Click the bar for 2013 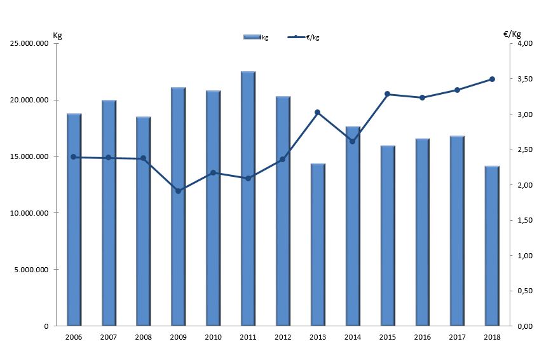[x=318, y=245]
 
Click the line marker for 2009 [x=179, y=191]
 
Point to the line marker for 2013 [x=318, y=113]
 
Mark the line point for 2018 [x=492, y=79]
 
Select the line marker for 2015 [x=388, y=94]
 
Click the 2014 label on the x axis [x=353, y=338]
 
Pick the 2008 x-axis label [x=144, y=338]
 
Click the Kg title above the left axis [x=57, y=34]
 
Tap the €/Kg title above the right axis [x=512, y=34]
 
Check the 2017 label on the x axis [x=457, y=338]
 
